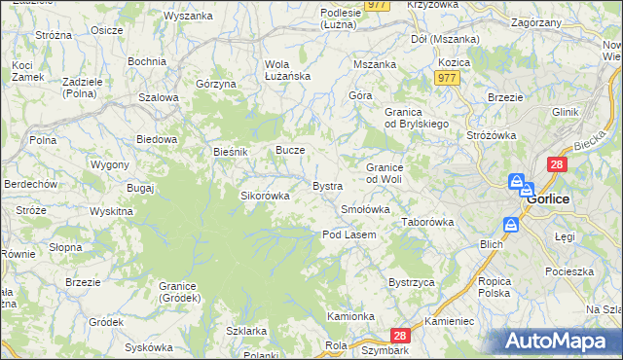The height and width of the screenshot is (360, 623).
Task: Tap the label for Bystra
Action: pyautogui.click(x=326, y=185)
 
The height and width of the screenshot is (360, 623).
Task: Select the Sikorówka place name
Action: pyautogui.click(x=266, y=195)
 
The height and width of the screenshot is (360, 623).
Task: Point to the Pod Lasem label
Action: pyautogui.click(x=349, y=234)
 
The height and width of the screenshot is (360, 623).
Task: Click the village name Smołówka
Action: pyautogui.click(x=366, y=209)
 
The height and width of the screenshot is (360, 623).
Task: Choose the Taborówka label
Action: pyautogui.click(x=428, y=222)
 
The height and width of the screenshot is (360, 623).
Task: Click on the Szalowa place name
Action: pyautogui.click(x=158, y=97)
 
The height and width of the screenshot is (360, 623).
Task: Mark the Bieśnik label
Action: pyautogui.click(x=232, y=152)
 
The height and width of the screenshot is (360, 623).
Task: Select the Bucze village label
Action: pyautogui.click(x=291, y=151)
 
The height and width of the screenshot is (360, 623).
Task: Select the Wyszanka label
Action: pyautogui.click(x=188, y=16)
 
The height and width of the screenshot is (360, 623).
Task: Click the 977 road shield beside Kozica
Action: pyautogui.click(x=448, y=78)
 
